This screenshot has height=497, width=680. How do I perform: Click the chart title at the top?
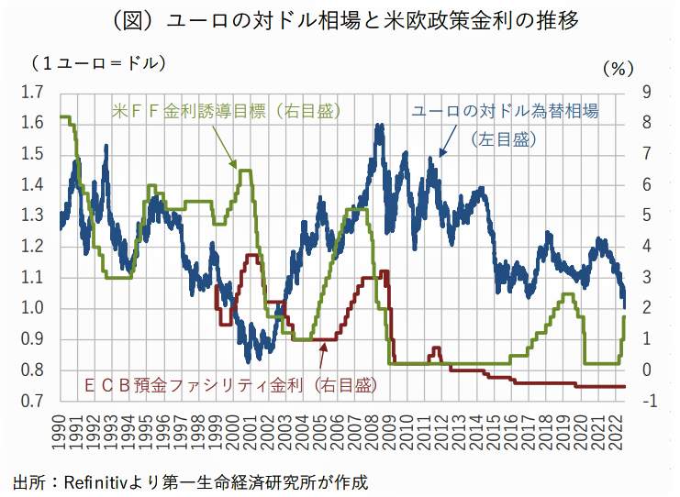click(x=340, y=20)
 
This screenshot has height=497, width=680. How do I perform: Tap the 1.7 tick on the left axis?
click(x=33, y=92)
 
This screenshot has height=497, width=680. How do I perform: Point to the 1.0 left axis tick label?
click(x=33, y=308)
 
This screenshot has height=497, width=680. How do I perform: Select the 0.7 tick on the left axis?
click(x=33, y=401)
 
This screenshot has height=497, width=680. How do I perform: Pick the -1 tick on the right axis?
click(x=649, y=401)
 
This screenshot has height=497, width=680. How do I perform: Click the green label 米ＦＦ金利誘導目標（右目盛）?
click(x=227, y=111)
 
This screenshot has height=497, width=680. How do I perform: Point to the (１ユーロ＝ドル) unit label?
click(x=96, y=63)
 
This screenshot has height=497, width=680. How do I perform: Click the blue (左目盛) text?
click(x=503, y=139)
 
